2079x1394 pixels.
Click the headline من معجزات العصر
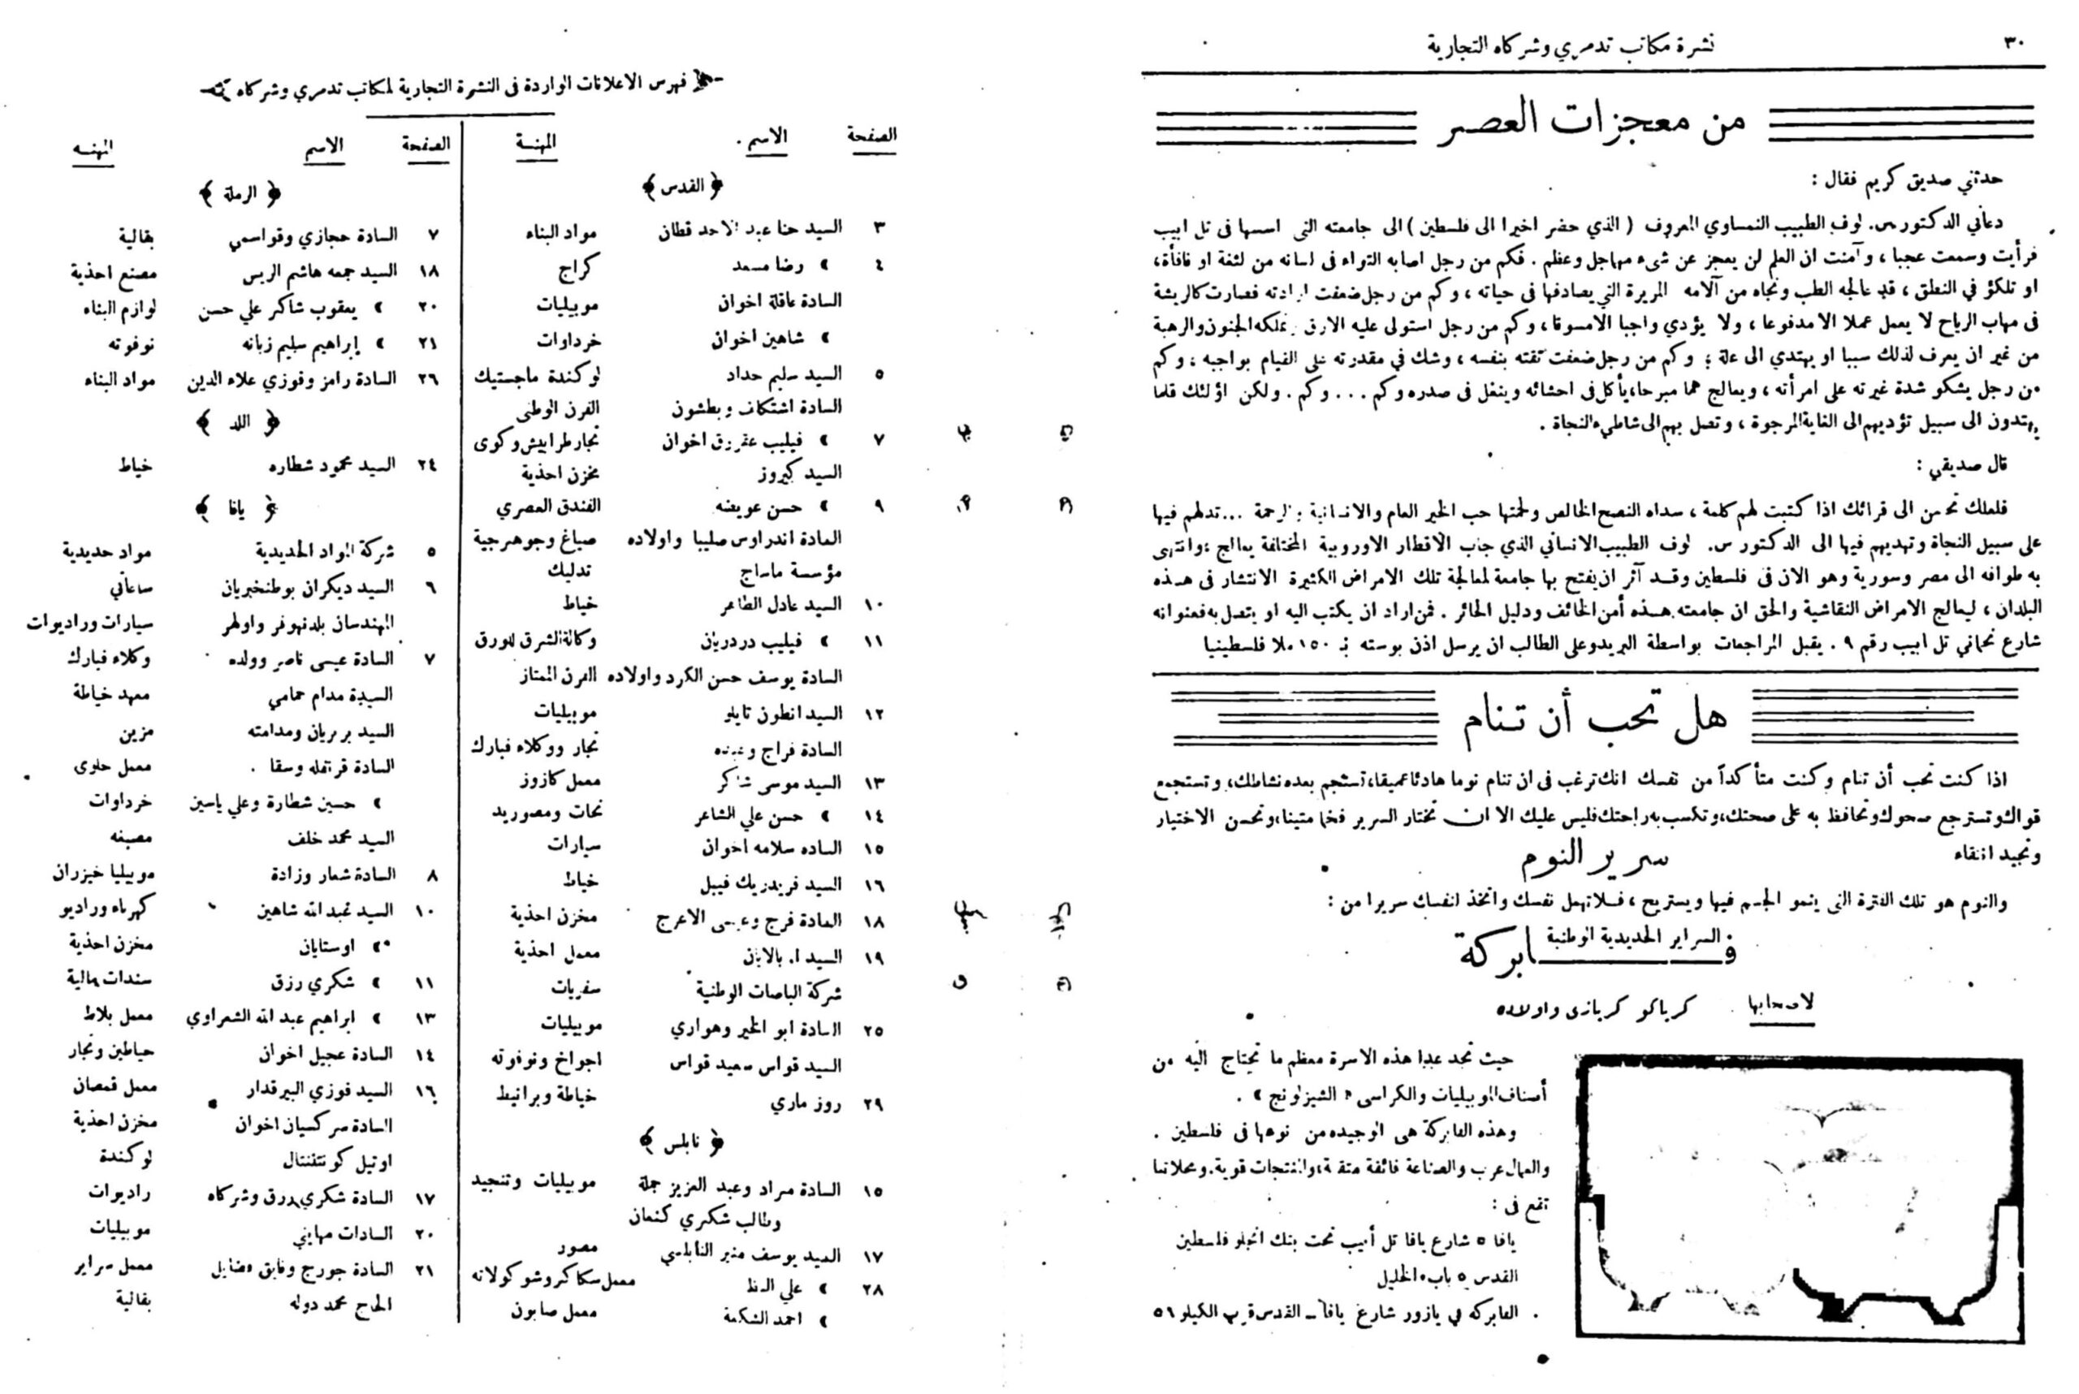[1592, 125]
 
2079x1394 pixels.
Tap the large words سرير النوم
[1593, 858]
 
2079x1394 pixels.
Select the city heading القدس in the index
[682, 187]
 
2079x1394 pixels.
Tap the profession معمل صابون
[554, 1310]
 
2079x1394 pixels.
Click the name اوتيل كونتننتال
[338, 1161]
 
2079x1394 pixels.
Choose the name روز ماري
[803, 1104]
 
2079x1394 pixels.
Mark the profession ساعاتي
[131, 588]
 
